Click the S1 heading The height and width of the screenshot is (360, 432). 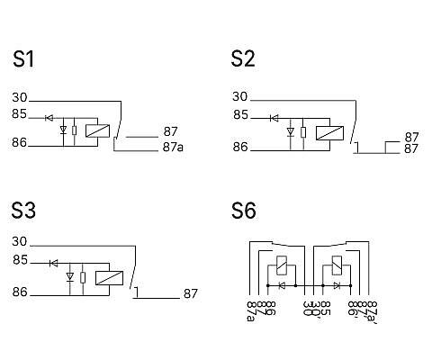tap(23, 58)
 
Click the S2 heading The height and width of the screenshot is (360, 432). tap(243, 58)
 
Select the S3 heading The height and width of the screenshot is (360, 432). tap(23, 210)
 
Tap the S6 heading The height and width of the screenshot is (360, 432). tap(244, 211)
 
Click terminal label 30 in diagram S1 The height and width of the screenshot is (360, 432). tap(20, 97)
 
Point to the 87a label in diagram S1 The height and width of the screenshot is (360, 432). tap(173, 147)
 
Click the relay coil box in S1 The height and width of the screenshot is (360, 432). tap(97, 130)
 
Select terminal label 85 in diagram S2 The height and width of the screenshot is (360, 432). tap(240, 115)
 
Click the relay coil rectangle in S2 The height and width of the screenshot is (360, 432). tap(329, 133)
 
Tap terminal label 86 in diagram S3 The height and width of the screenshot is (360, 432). tap(20, 292)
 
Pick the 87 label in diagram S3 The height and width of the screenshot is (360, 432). tap(191, 293)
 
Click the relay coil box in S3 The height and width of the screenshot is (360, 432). tap(109, 278)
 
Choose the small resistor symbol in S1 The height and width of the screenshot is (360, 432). tap(75, 130)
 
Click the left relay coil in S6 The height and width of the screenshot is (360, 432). tap(282, 265)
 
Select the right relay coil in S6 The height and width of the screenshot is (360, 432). tap(337, 265)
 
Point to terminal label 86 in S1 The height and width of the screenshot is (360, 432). tap(20, 142)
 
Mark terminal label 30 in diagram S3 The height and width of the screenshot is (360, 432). tap(20, 241)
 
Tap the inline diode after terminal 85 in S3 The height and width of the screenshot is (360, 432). tap(54, 264)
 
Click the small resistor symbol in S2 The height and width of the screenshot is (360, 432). tap(303, 132)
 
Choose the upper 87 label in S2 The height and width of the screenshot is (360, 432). tap(411, 137)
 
